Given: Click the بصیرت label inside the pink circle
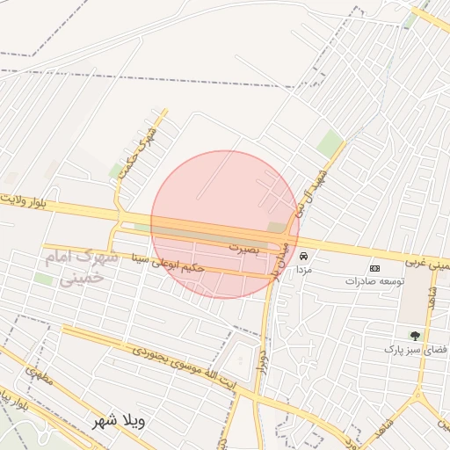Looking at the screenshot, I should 245,249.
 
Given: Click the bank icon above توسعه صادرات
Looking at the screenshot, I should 375,267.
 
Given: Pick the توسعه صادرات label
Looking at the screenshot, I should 374,281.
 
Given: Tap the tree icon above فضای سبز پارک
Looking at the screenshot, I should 414,335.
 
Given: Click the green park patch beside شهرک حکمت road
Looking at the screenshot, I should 116,169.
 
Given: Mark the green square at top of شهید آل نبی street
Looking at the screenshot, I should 330,142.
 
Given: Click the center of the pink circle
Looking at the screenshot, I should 225,224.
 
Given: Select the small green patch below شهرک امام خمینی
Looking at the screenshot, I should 43,279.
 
